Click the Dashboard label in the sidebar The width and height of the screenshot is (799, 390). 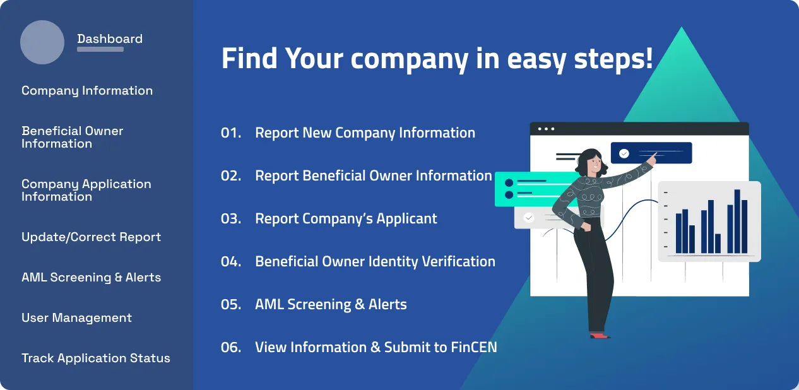point(110,38)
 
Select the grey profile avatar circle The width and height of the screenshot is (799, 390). point(42,42)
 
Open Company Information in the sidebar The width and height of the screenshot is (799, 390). point(87,90)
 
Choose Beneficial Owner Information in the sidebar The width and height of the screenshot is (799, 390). point(72,137)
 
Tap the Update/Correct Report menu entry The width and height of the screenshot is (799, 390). point(91,237)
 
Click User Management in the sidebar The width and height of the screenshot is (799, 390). point(76,317)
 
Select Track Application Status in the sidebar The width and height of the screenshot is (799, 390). point(96,358)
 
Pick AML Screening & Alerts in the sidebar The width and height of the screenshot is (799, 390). point(91,277)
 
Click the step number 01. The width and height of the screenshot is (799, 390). point(231,133)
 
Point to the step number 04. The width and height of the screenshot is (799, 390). point(231,261)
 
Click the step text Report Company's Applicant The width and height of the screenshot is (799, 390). point(346,218)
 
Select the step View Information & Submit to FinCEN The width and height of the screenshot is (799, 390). point(376,347)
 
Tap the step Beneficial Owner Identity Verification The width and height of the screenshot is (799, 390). point(375,261)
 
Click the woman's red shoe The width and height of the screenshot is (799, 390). point(599,335)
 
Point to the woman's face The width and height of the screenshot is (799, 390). point(593,163)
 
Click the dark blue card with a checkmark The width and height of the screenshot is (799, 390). point(651,153)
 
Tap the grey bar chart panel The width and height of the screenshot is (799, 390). point(709,222)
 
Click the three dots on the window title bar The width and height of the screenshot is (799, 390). point(546,129)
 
